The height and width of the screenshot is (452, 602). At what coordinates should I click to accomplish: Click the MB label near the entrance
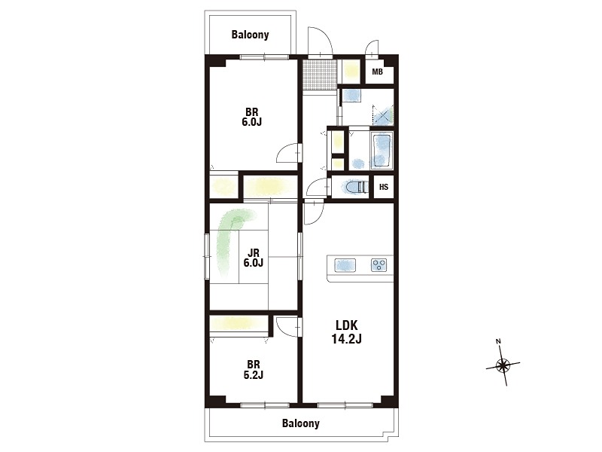378,72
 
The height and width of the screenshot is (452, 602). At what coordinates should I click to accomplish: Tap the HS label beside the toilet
384,187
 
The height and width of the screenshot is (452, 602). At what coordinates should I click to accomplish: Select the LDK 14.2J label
347,332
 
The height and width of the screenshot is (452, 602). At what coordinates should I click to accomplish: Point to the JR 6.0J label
254,258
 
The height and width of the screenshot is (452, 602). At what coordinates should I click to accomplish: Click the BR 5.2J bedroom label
254,369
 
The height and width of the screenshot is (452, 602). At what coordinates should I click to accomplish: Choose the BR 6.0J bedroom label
252,118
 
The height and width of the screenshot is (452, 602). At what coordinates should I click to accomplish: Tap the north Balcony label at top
250,35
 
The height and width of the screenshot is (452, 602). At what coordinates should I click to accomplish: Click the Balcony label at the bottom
300,423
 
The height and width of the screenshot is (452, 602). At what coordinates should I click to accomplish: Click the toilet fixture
354,187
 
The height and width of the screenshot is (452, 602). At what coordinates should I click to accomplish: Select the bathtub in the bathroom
382,151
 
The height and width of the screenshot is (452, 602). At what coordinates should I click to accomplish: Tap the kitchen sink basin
345,265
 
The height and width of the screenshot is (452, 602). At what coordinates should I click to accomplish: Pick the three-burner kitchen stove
379,265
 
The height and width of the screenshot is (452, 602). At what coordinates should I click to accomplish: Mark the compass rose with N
503,364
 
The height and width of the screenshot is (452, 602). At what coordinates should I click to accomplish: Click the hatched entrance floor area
319,75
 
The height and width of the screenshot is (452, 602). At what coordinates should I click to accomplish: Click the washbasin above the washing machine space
351,96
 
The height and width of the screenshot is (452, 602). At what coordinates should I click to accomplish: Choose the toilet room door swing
318,188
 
